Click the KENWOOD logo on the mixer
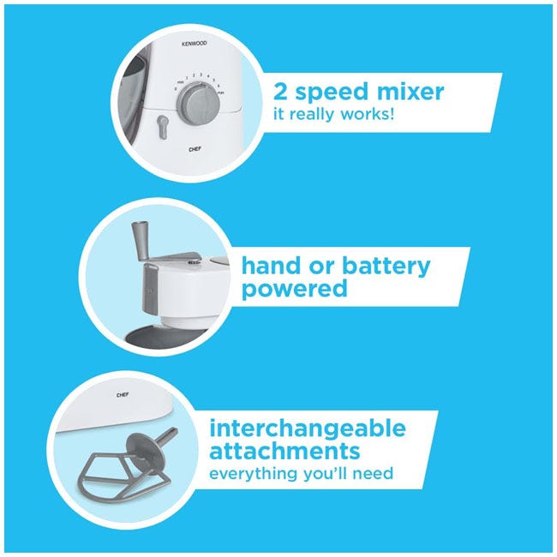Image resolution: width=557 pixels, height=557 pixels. coord(194,44)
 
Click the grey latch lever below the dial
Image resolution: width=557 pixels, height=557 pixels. coord(162,127)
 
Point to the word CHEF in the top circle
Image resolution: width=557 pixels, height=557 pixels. coord(195,149)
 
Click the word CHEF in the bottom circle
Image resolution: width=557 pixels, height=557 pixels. coord(123,395)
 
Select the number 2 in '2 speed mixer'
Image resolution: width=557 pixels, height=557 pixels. coord(280,92)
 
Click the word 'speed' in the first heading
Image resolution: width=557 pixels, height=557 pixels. coord(331,93)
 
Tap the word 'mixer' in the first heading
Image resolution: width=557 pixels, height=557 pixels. coord(410,92)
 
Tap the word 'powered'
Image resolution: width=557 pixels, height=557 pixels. coord(295,289)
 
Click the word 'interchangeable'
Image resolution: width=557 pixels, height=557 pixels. coord(308,429)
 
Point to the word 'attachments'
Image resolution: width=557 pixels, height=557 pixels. coord(284,451)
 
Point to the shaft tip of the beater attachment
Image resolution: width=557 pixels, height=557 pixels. coord(174,432)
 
